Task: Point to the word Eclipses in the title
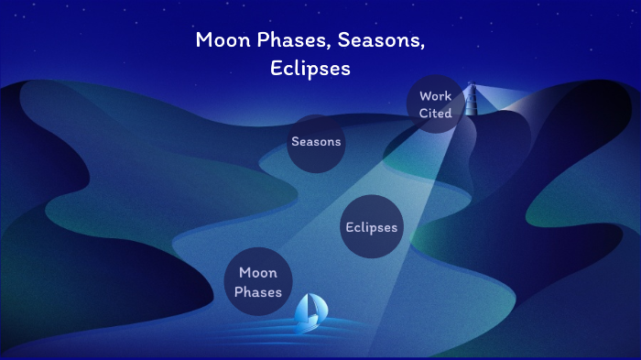point(310,70)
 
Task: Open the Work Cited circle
point(435,104)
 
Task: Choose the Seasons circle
point(316,142)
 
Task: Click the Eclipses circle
point(372,226)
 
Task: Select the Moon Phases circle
point(258,281)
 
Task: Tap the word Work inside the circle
point(435,95)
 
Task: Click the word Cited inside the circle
point(435,113)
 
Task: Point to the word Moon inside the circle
point(257,272)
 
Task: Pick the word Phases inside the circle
point(258,292)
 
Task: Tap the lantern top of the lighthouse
point(472,89)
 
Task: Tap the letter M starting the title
point(203,40)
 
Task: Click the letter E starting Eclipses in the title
point(276,70)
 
